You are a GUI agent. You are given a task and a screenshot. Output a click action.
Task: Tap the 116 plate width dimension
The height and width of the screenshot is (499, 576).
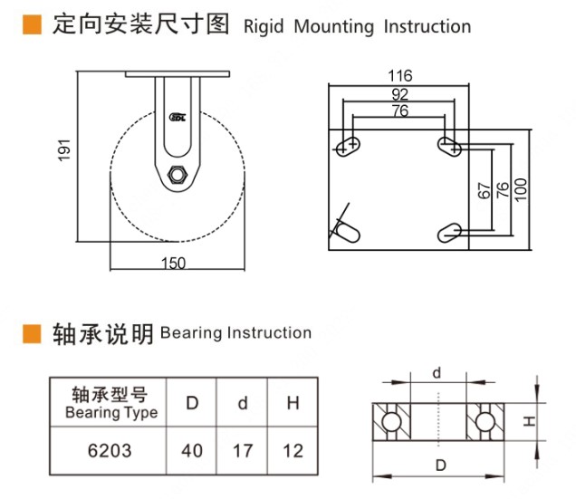click(x=399, y=75)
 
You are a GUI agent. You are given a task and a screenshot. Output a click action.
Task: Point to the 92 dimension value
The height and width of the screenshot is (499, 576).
click(x=399, y=93)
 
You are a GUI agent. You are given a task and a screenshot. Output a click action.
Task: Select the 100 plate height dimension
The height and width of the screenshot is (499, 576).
click(x=520, y=189)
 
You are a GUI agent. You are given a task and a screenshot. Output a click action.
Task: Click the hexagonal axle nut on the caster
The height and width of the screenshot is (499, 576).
click(x=177, y=175)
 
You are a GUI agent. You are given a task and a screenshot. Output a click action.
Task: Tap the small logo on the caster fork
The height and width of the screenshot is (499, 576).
click(x=178, y=115)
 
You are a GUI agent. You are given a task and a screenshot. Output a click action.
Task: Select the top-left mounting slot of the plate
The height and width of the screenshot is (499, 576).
click(x=348, y=145)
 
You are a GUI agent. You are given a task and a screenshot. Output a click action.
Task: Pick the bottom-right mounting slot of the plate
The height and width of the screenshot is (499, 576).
click(x=451, y=234)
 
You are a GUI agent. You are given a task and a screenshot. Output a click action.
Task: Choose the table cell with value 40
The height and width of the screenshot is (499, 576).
click(x=192, y=450)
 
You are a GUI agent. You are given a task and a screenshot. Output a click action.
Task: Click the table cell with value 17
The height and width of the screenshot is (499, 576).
click(x=242, y=450)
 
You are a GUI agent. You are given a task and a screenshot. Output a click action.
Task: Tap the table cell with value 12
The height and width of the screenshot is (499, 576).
click(x=293, y=450)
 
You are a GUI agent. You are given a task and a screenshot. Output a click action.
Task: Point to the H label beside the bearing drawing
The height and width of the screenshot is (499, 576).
click(x=533, y=421)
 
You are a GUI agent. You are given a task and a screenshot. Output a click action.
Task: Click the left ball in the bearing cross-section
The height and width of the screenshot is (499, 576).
click(x=392, y=421)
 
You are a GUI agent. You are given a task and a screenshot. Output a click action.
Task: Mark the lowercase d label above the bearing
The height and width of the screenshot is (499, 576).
click(x=437, y=372)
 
